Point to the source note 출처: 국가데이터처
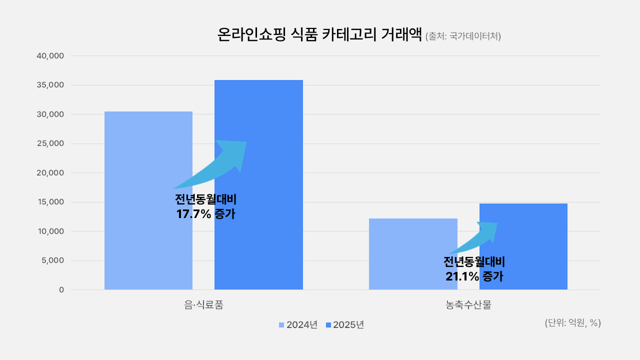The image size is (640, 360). tap(463, 36)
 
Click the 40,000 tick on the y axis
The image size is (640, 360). tap(50, 56)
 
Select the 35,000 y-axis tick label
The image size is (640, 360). tap(50, 85)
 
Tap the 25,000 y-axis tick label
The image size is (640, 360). tap(50, 143)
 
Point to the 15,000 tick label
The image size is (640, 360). tap(50, 202)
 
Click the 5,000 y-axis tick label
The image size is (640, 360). tap(52, 260)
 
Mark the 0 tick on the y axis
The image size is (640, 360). tap(61, 289)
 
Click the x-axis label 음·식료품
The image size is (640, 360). tap(203, 304)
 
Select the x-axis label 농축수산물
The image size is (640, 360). tap(468, 304)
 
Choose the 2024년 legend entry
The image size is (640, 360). tap(298, 324)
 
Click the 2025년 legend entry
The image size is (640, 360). tap(344, 324)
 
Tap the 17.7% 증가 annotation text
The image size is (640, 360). tap(205, 214)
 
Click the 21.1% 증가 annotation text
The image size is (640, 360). tap(474, 276)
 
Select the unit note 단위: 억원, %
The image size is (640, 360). tap(572, 323)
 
